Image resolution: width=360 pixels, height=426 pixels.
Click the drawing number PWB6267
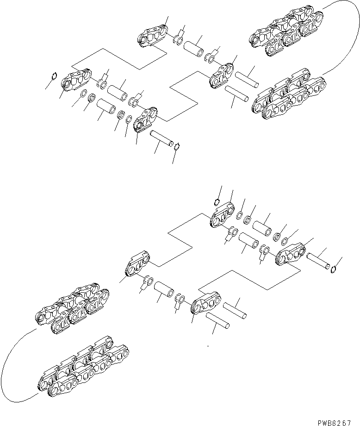coord(338,422)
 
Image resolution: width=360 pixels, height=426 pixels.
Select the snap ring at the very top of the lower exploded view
coord(217,201)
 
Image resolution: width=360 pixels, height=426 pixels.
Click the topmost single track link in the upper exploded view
coord(153,37)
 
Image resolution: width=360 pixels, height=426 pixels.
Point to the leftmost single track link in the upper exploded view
coord(74,82)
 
